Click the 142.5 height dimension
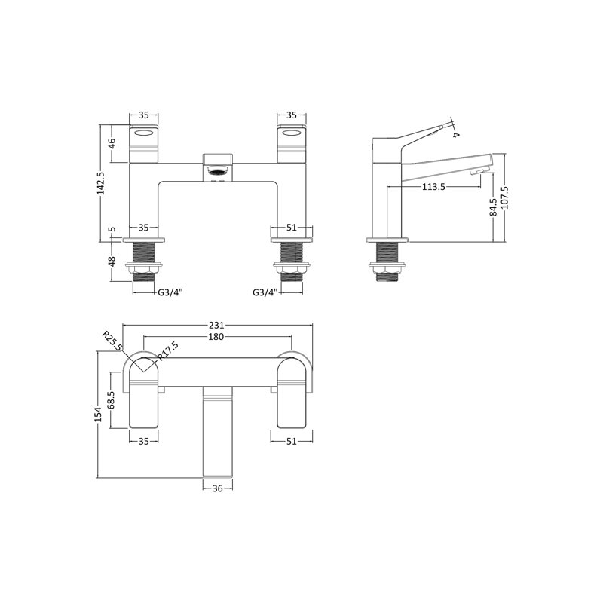102,183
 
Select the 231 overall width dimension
216,326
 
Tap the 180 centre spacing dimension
216,337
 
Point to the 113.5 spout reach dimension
433,187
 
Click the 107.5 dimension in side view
504,197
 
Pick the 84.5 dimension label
494,207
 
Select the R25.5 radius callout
112,341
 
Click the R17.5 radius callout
168,351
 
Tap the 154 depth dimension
98,415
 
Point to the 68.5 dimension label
112,400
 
